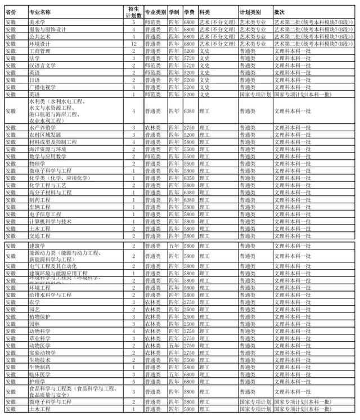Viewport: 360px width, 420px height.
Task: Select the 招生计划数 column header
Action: [133, 11]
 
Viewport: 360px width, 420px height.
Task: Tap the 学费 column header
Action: [189, 11]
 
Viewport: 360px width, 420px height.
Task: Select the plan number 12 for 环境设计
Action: [133, 43]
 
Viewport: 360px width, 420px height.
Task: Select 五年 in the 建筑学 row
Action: [174, 246]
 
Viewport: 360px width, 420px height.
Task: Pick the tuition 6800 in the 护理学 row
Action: [189, 381]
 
